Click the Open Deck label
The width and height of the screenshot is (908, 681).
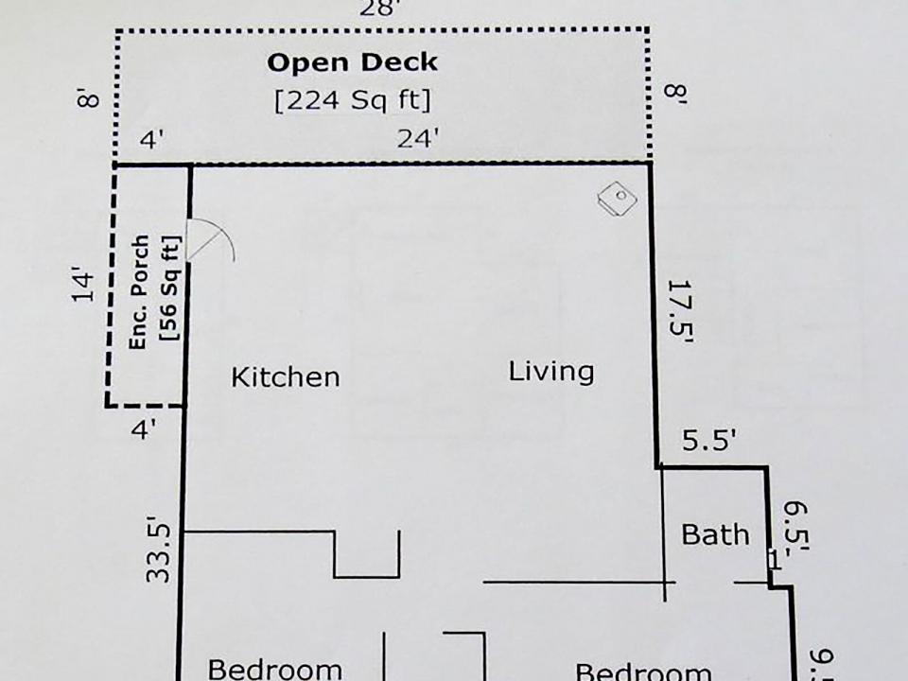click(x=352, y=63)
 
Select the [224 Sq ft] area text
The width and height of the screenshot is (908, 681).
click(x=352, y=99)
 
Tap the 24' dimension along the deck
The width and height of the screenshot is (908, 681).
click(x=417, y=139)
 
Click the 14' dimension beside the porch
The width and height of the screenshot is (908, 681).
click(x=84, y=288)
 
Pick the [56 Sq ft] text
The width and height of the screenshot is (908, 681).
click(x=170, y=289)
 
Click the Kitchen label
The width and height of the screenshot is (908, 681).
click(x=285, y=377)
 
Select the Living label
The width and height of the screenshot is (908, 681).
click(x=551, y=371)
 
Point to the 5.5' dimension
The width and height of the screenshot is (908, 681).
click(x=708, y=442)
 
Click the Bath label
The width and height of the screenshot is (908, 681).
click(x=715, y=534)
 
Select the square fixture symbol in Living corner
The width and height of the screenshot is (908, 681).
click(x=617, y=198)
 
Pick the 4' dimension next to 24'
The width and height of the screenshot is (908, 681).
click(x=152, y=140)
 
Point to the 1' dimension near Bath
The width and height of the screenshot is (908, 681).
click(x=774, y=560)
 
